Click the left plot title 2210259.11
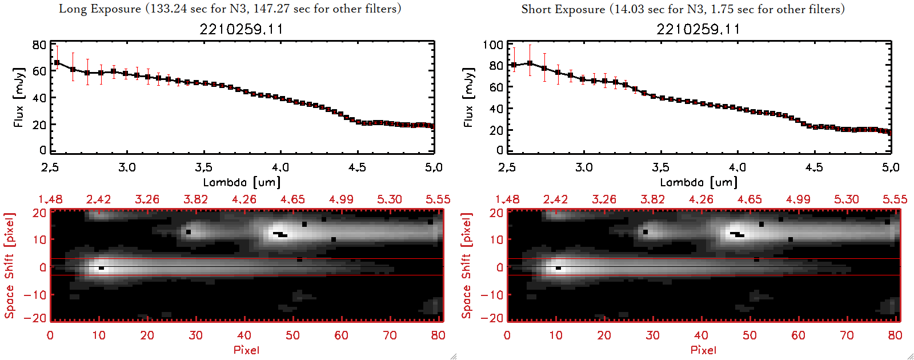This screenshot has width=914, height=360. click(241, 29)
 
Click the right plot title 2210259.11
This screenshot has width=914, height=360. click(698, 29)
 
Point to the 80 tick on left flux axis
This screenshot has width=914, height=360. click(39, 45)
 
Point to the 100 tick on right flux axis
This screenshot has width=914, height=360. click(492, 45)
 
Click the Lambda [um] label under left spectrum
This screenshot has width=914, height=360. click(242, 182)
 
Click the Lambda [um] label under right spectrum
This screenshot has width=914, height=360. click(699, 182)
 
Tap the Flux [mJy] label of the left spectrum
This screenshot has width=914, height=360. click(19, 98)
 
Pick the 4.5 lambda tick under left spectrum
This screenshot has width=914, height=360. click(357, 167)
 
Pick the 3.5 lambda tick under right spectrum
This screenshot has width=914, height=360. click(660, 167)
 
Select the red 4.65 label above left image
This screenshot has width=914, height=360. click(292, 199)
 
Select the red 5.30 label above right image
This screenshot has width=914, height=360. click(846, 199)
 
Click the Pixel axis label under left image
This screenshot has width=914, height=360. click(246, 350)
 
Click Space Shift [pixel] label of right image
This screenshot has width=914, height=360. click(467, 266)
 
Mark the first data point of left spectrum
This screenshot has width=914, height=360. click(57, 63)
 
